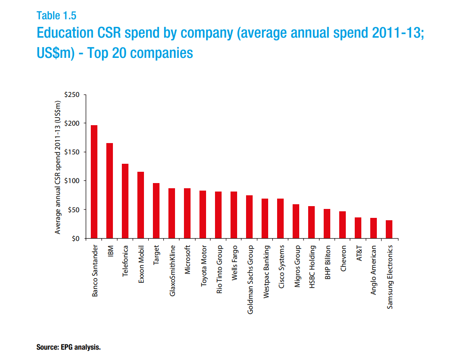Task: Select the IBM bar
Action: click(x=110, y=191)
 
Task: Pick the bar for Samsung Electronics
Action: click(x=389, y=229)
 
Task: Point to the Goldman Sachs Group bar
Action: click(x=249, y=217)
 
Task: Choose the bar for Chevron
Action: click(x=343, y=225)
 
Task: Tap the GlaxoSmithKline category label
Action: click(x=172, y=271)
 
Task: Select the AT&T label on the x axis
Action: click(x=358, y=253)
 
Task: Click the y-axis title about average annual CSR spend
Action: click(x=58, y=167)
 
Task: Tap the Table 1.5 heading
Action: click(x=56, y=16)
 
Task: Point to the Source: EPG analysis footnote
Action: click(x=69, y=348)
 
